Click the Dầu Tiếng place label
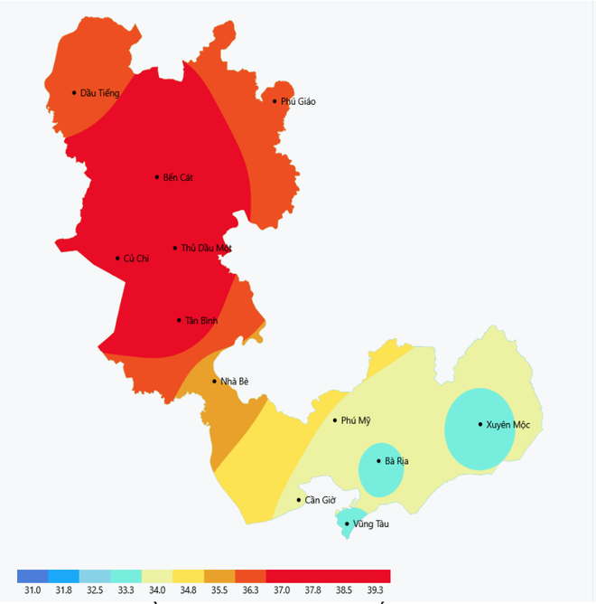(x=100, y=93)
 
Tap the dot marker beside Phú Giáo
(x=275, y=101)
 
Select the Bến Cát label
(x=178, y=177)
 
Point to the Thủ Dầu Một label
(x=207, y=248)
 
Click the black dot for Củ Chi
(x=117, y=259)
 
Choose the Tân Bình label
(x=201, y=321)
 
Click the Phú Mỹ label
(x=356, y=420)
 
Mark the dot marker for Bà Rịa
(x=378, y=461)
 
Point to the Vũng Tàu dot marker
(x=347, y=524)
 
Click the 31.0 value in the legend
(x=33, y=590)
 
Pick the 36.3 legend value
(x=250, y=590)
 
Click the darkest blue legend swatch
(x=33, y=576)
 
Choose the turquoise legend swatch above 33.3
(x=126, y=576)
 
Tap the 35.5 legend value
(x=219, y=590)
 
